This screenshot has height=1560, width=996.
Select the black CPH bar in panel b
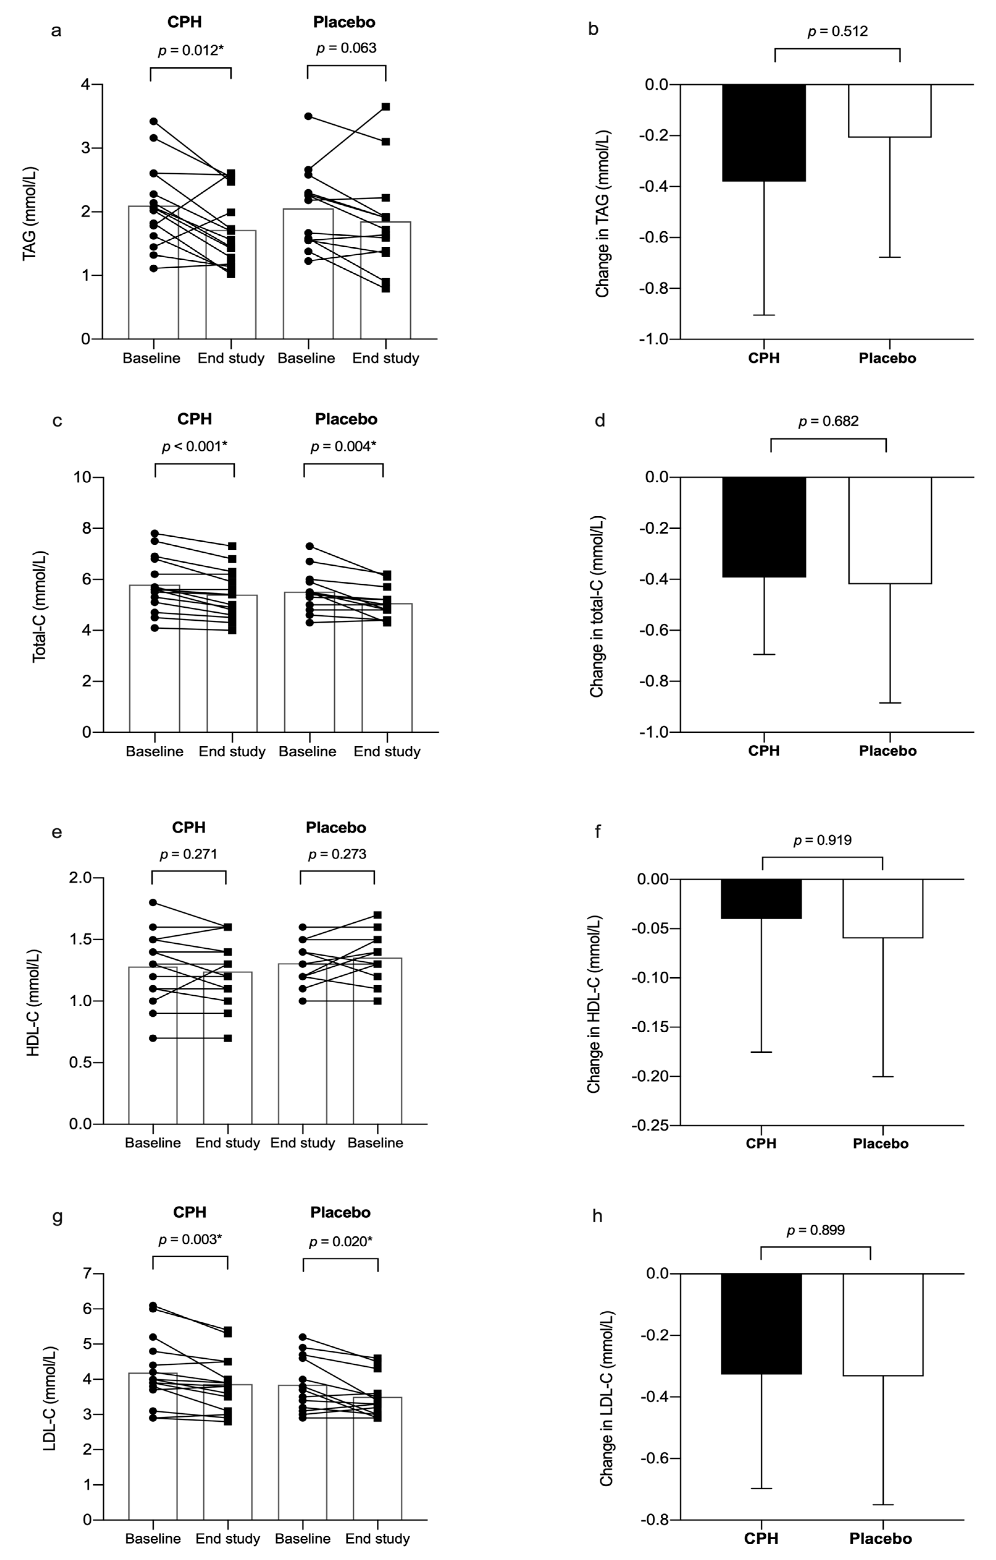pos(764,133)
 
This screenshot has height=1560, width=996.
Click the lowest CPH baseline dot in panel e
pos(153,1038)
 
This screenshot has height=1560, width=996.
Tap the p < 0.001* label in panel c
pos(194,447)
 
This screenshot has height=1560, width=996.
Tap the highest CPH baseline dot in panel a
pos(153,121)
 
